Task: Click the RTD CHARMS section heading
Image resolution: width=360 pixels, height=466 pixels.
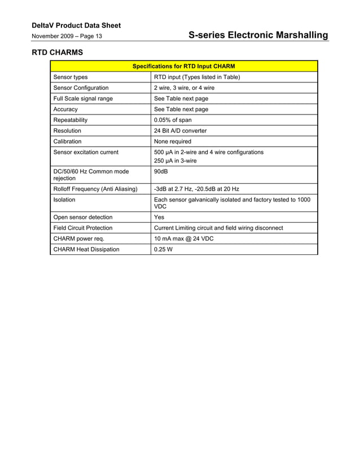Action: (x=56, y=52)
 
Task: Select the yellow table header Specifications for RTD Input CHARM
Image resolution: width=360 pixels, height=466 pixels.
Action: (x=183, y=67)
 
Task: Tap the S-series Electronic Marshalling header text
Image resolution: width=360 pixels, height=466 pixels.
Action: (x=258, y=36)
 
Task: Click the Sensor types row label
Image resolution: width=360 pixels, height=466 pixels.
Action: (x=71, y=77)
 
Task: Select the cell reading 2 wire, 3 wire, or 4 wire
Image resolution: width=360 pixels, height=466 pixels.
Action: (x=184, y=88)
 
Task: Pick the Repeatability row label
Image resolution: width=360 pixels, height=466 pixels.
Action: (x=71, y=120)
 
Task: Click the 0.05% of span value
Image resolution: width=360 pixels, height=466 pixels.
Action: (x=173, y=120)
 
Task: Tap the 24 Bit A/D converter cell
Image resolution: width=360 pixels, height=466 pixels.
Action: (x=180, y=131)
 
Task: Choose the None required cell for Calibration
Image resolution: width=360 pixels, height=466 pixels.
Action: (x=173, y=142)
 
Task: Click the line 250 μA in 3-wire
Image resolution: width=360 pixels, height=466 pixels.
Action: (x=175, y=161)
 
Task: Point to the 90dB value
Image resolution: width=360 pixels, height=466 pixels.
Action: (x=161, y=172)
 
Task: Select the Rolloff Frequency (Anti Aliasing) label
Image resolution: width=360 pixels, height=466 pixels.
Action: (x=95, y=189)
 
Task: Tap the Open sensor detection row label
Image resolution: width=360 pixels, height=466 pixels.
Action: (x=82, y=217)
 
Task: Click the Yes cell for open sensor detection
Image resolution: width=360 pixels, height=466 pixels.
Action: (x=159, y=217)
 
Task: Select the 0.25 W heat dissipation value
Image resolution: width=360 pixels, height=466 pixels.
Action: (x=163, y=249)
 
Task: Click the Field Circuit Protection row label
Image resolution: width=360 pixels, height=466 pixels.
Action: (x=82, y=228)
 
